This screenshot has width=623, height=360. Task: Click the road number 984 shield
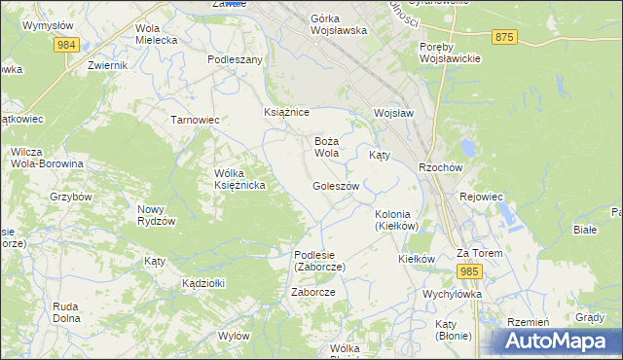(x=66, y=46)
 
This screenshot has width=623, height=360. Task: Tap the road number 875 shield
(x=503, y=37)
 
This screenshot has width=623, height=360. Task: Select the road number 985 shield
(x=469, y=271)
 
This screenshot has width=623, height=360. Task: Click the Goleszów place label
(x=337, y=186)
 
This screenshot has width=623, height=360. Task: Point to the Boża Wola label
(x=326, y=147)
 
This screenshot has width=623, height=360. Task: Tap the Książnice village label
(x=286, y=113)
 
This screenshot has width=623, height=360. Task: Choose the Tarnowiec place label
(x=195, y=120)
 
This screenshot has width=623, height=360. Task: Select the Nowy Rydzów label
(x=156, y=215)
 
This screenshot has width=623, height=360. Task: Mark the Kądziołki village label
(x=203, y=283)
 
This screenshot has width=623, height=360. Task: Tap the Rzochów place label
(x=438, y=166)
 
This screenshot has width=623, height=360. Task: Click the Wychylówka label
(x=453, y=293)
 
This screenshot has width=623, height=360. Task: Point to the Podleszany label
(x=236, y=59)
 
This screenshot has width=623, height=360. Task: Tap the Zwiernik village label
(x=107, y=65)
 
